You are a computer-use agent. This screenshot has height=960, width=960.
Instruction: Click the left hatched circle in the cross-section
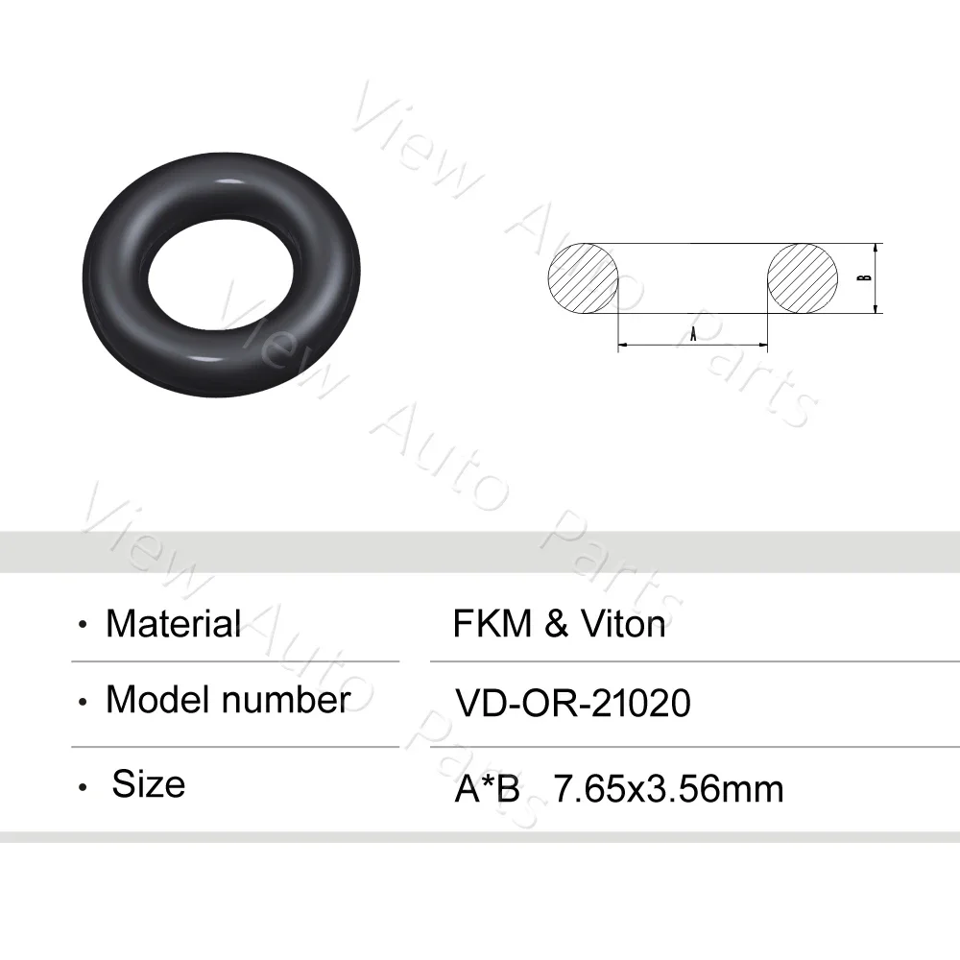(x=584, y=276)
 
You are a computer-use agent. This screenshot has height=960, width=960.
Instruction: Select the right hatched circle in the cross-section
(x=803, y=276)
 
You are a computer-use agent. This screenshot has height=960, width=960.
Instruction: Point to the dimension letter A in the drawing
(x=693, y=333)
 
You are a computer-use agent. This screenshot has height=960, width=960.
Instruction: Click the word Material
(x=173, y=624)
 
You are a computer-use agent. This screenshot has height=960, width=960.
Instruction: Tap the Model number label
(x=228, y=700)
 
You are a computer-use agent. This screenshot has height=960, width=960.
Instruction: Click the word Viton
(x=622, y=625)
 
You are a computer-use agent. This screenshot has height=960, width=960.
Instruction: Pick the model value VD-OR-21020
(x=572, y=704)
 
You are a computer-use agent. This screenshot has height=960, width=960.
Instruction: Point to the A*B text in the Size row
(x=487, y=789)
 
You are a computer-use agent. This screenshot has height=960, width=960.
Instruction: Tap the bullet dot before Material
(x=84, y=626)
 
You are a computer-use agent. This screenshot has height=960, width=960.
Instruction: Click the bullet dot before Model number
(x=84, y=703)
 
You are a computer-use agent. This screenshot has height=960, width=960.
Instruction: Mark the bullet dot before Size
(x=84, y=788)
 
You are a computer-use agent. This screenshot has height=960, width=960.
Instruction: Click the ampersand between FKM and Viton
(x=556, y=625)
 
